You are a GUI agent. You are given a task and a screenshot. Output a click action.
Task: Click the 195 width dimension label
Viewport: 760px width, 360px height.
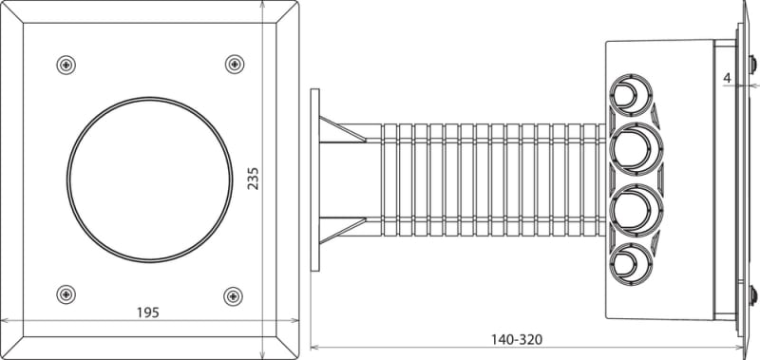[x=147, y=313]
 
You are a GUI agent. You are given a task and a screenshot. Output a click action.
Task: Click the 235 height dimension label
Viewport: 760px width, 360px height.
[x=253, y=179]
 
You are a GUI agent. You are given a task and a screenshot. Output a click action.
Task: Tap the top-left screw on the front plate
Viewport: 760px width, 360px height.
[x=66, y=65]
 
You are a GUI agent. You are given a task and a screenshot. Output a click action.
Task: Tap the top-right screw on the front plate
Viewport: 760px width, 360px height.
[x=235, y=64]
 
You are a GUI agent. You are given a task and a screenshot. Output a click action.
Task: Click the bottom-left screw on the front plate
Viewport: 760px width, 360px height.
[x=66, y=294]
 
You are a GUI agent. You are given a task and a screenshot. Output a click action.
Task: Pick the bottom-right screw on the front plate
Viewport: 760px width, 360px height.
[x=233, y=296]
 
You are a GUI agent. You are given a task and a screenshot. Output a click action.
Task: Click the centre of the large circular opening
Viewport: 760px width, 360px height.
[x=150, y=180]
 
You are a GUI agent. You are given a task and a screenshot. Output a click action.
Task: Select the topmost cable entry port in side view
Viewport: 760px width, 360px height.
[x=631, y=94]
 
